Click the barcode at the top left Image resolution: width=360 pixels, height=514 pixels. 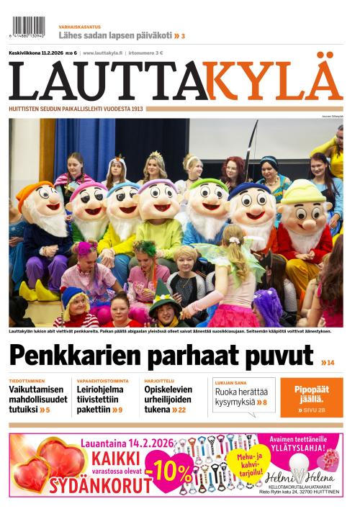click(28, 27)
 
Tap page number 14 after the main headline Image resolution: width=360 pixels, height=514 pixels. click(328, 362)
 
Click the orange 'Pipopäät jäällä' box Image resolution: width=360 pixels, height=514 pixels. click(311, 397)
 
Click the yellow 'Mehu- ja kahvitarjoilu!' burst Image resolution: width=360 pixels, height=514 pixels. click(243, 460)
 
